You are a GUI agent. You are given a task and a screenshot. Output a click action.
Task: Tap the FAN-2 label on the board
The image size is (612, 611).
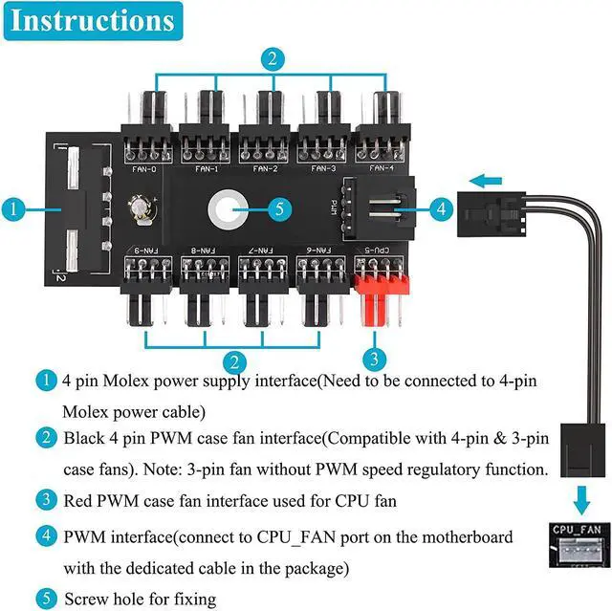click(265, 168)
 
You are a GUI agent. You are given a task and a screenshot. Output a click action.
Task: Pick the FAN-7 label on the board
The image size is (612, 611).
click(262, 251)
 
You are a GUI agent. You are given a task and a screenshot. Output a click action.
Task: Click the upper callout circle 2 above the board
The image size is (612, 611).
click(273, 59)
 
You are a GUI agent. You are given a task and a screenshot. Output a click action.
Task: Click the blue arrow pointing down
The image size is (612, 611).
click(580, 499)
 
